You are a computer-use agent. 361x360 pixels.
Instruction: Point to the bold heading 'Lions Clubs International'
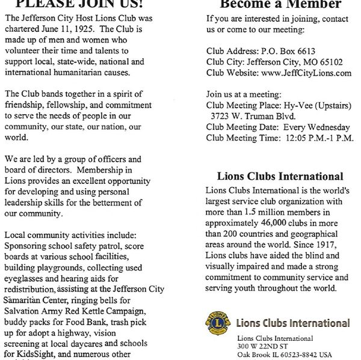coord(280,176)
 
